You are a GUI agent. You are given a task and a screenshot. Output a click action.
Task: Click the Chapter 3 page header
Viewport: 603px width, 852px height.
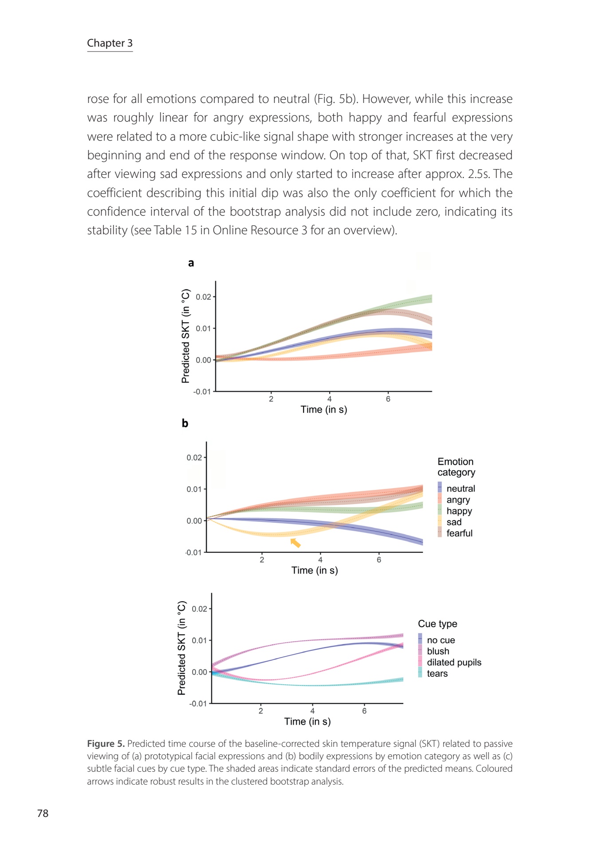tap(110, 43)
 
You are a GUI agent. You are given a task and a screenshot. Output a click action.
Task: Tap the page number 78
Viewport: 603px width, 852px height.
tap(43, 813)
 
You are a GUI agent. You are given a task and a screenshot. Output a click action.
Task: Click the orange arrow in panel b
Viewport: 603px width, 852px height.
tap(296, 543)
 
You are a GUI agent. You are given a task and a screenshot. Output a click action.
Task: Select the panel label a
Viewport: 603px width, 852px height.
tap(191, 263)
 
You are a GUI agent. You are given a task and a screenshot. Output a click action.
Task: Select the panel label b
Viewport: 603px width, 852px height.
tap(185, 423)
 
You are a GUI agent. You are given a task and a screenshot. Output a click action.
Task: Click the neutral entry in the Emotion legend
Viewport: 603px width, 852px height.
tap(461, 489)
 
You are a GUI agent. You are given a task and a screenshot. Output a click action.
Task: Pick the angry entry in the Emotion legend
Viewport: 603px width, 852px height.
tap(458, 500)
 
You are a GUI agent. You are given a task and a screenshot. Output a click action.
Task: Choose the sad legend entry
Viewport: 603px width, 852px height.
tap(454, 522)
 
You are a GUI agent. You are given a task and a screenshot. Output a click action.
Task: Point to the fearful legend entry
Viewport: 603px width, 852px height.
tap(459, 533)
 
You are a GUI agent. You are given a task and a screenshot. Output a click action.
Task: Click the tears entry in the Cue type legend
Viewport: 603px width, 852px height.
tap(437, 673)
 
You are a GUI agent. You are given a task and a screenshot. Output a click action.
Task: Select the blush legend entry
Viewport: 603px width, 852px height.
tap(438, 651)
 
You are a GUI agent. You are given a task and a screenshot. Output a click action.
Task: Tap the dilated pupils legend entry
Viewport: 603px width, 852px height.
tap(454, 662)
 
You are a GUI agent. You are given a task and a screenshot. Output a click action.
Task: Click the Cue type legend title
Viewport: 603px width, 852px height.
tap(437, 623)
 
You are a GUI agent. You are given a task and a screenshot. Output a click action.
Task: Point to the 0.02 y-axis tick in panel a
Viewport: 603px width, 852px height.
tap(204, 297)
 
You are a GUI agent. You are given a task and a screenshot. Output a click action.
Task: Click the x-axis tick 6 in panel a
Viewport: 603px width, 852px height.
tap(388, 399)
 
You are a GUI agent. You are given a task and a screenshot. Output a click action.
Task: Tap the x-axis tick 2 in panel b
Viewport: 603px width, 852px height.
tap(262, 560)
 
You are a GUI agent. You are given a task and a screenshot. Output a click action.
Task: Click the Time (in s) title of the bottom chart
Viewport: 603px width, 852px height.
tap(307, 722)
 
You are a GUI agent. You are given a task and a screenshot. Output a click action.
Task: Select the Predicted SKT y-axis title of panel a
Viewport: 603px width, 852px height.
tap(185, 336)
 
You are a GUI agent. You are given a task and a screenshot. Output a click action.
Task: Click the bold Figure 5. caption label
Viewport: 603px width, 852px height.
tap(106, 744)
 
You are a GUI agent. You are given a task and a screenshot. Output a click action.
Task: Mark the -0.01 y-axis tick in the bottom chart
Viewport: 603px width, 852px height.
tap(198, 703)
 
